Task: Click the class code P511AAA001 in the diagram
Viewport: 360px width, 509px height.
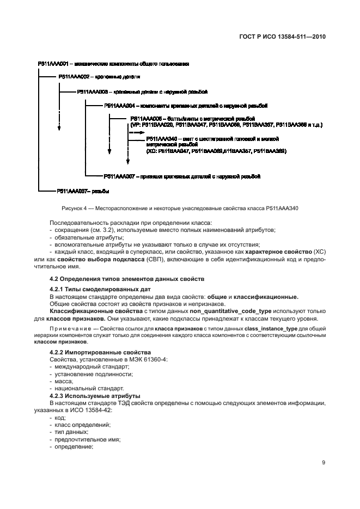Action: coord(52,64)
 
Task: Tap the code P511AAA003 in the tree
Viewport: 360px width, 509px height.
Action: coord(93,92)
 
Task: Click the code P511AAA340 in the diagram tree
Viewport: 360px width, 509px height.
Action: coord(161,140)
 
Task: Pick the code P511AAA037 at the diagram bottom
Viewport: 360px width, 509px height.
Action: coord(71,191)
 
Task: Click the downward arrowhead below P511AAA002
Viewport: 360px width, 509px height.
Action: coord(58,129)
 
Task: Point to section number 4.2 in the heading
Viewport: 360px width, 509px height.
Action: coord(54,278)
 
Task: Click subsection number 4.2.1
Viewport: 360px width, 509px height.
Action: coord(57,289)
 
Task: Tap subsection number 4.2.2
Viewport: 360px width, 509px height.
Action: coord(57,353)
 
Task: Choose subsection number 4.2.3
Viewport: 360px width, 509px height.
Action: coord(57,396)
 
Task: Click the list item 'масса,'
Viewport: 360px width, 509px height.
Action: coord(61,381)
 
